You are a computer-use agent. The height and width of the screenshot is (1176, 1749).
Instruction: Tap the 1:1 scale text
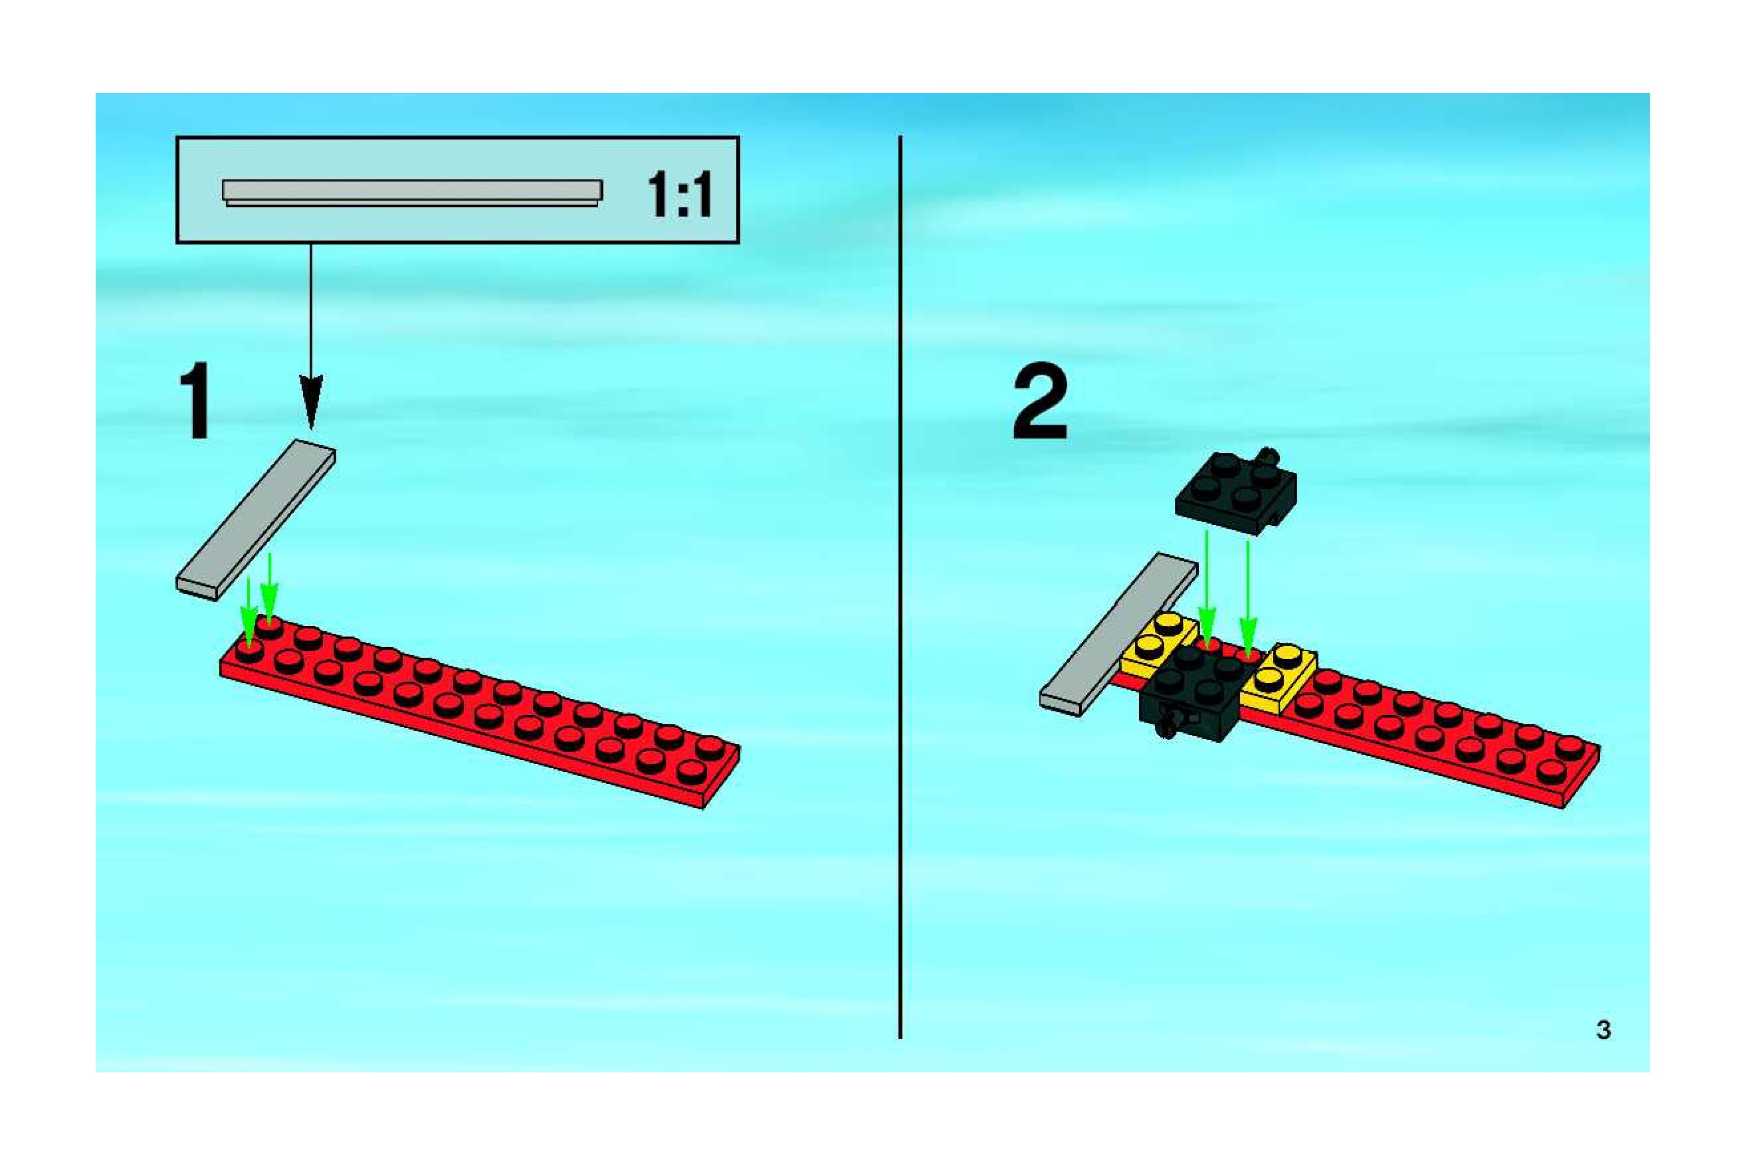coord(678,194)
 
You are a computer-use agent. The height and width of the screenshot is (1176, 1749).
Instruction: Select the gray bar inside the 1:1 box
coord(412,191)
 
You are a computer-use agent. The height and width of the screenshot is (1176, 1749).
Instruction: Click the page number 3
coord(1603,1030)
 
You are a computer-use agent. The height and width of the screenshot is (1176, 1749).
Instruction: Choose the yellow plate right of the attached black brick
coord(1279,679)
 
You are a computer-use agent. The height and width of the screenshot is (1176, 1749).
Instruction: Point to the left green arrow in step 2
coord(1206,593)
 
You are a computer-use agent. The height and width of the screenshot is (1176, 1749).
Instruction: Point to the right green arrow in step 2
coord(1248,600)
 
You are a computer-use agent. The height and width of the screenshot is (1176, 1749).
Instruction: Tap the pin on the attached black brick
coord(1167,726)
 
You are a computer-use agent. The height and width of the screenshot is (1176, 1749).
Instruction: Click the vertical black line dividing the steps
coord(900,585)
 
